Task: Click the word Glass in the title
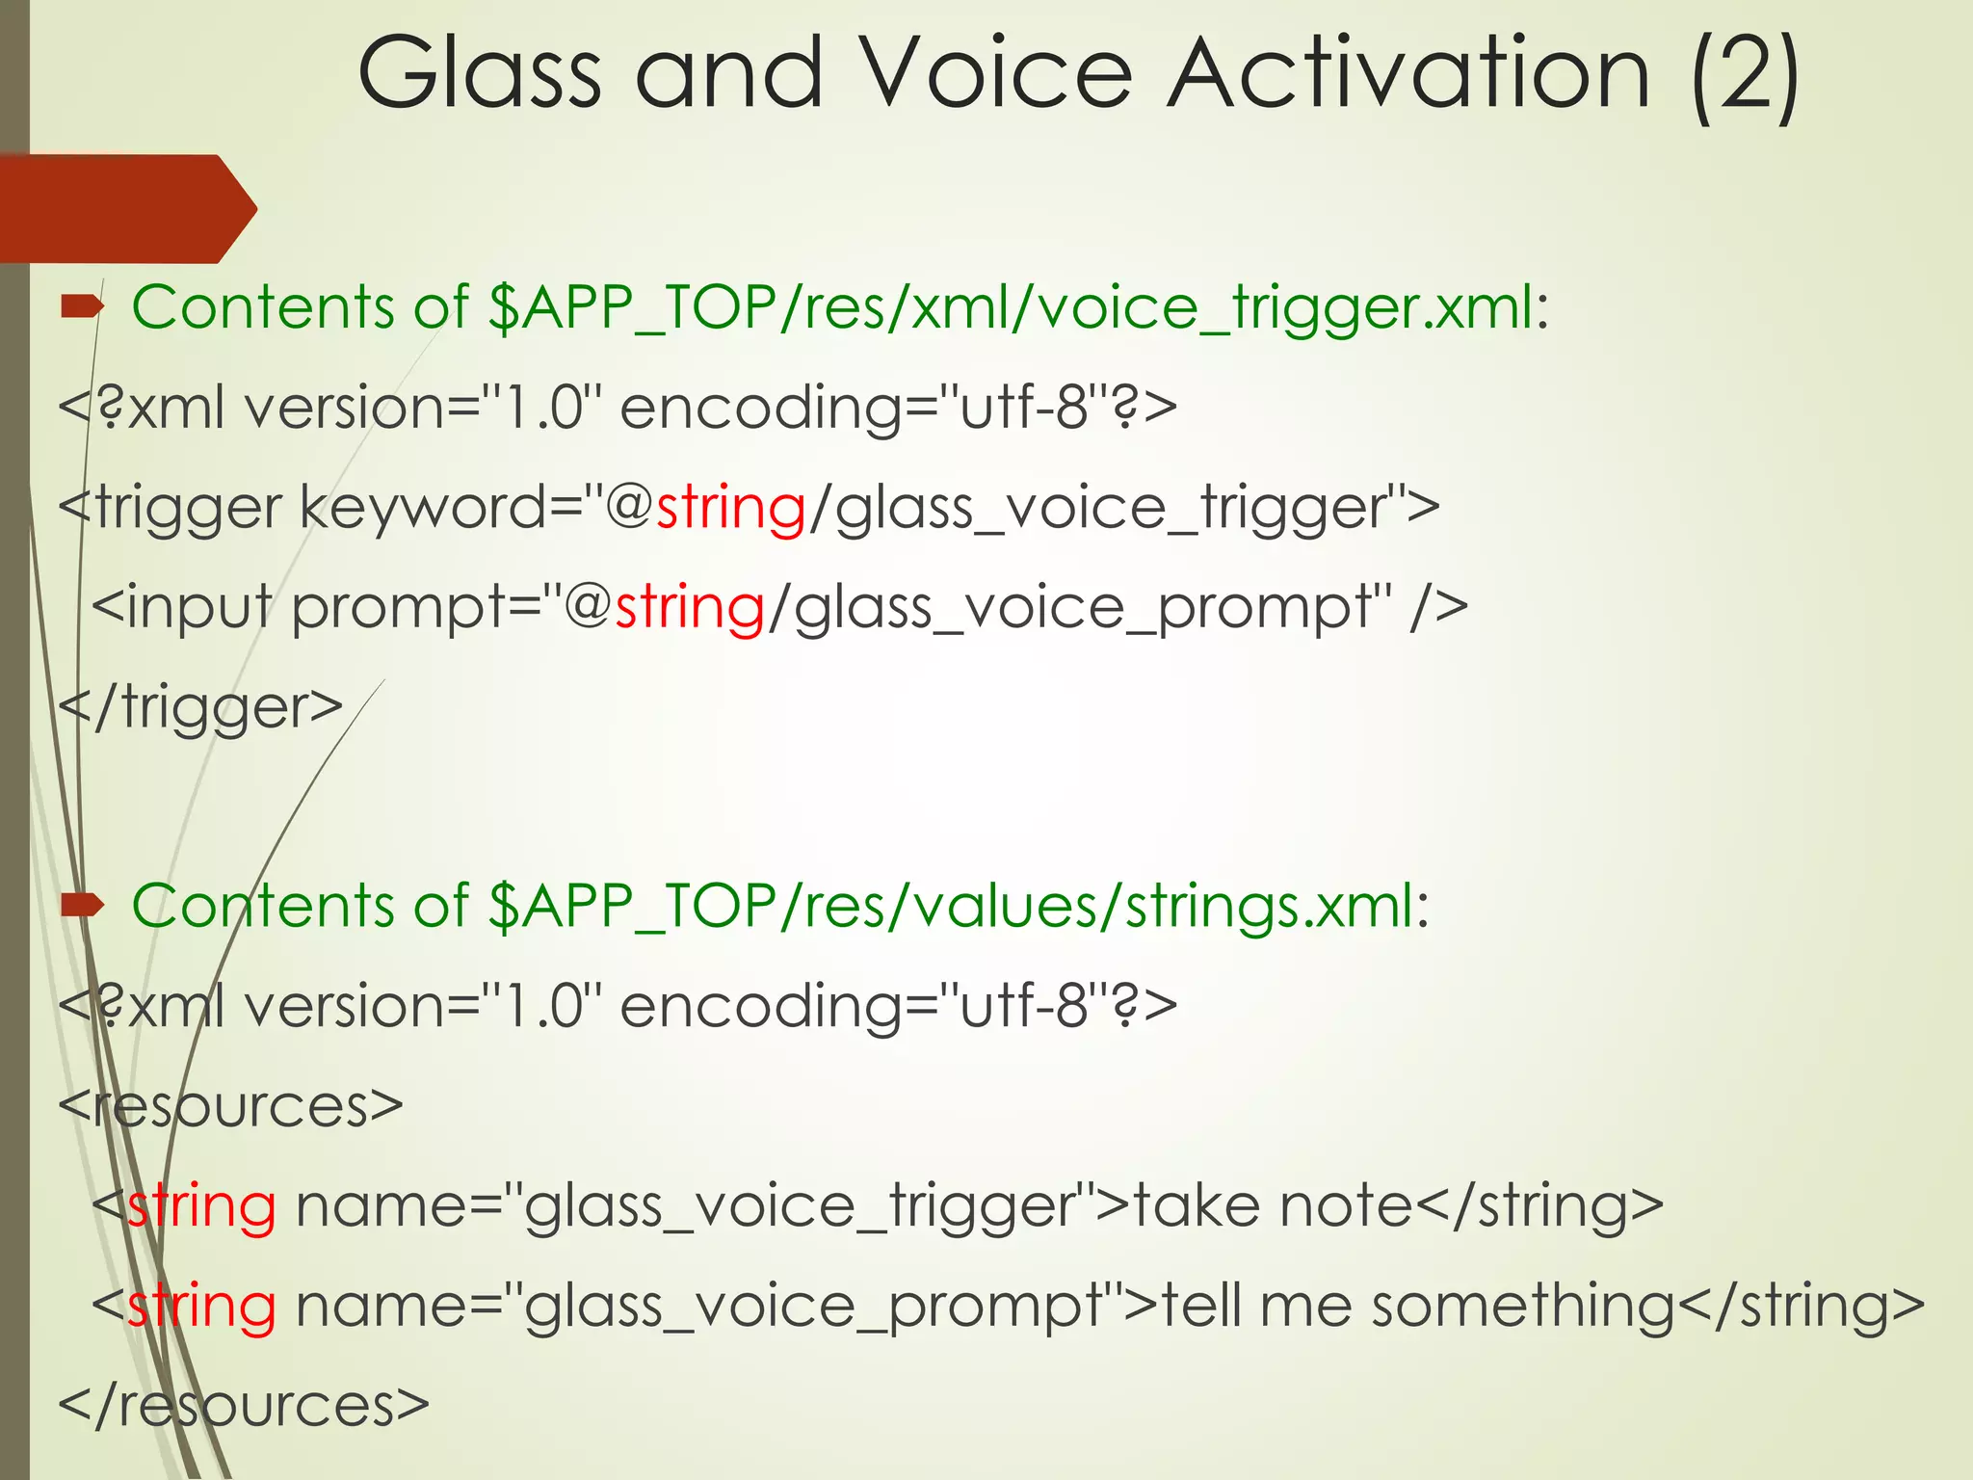[479, 75]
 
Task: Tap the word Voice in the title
[996, 75]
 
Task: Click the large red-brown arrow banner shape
[125, 208]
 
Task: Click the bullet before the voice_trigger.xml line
[83, 307]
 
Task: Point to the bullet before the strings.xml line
[83, 905]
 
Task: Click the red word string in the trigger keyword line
[730, 508]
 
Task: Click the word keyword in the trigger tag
[424, 508]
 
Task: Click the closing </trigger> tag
[200, 708]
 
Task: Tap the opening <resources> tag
[230, 1106]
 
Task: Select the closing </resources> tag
[243, 1405]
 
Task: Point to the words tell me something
[1418, 1307]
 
